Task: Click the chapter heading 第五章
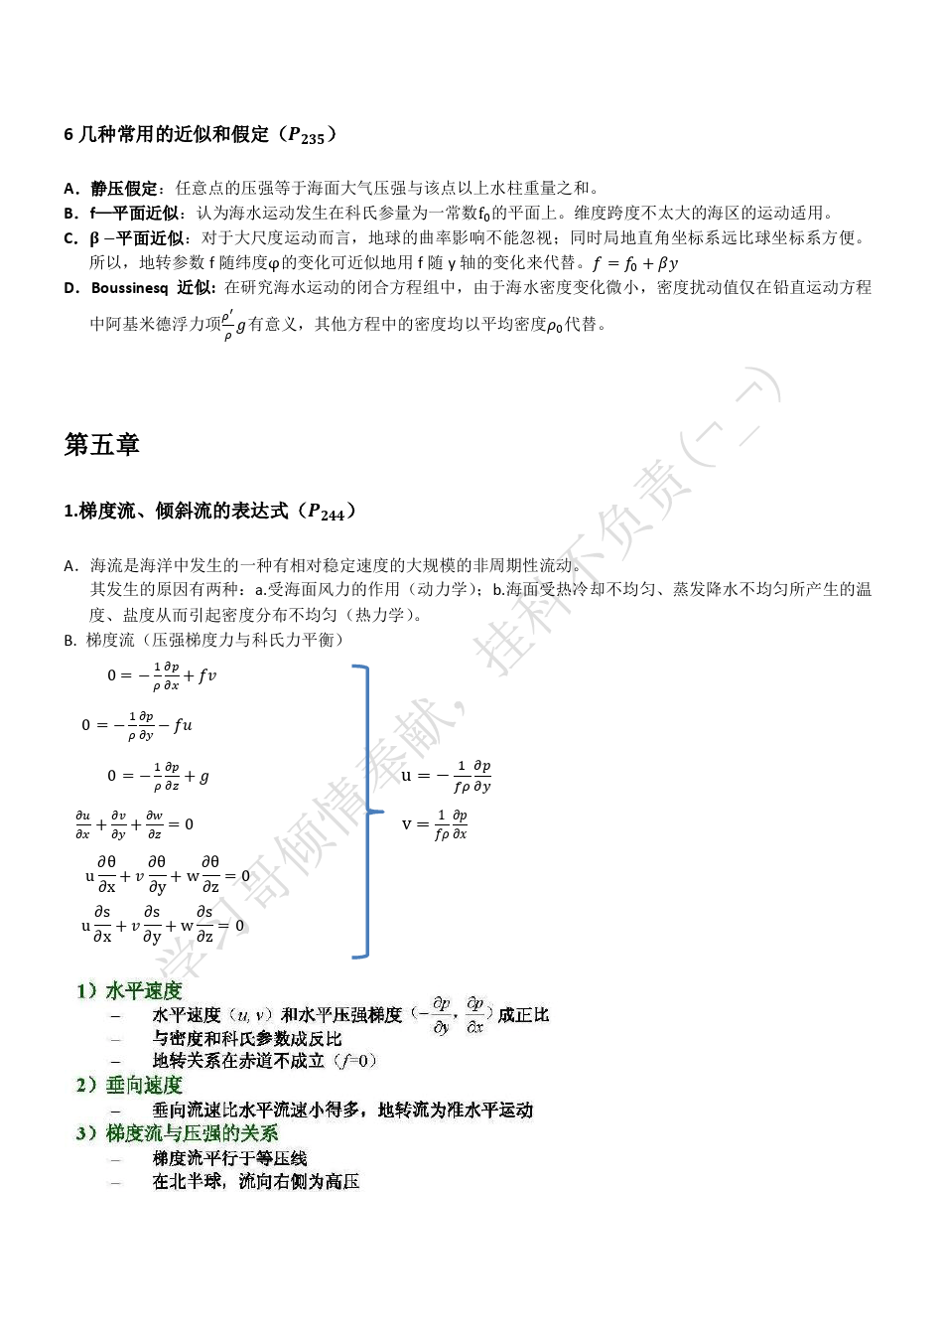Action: coord(101,445)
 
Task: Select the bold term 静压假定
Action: coord(124,188)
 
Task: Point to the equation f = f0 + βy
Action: coord(635,263)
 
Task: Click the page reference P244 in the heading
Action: coord(326,512)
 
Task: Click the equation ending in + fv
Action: coord(162,675)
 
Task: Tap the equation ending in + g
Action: coord(159,776)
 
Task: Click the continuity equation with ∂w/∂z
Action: coord(134,824)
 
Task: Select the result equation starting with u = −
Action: coord(446,776)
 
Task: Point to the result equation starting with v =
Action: coord(435,824)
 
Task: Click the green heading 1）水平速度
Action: coord(129,990)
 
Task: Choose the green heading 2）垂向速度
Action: coord(129,1085)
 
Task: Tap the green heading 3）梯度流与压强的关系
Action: coord(177,1132)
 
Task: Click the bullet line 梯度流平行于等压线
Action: coord(229,1157)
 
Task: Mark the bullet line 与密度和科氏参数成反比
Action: coord(246,1038)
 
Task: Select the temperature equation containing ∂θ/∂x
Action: coord(168,875)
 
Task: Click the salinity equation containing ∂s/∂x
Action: coord(163,925)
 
